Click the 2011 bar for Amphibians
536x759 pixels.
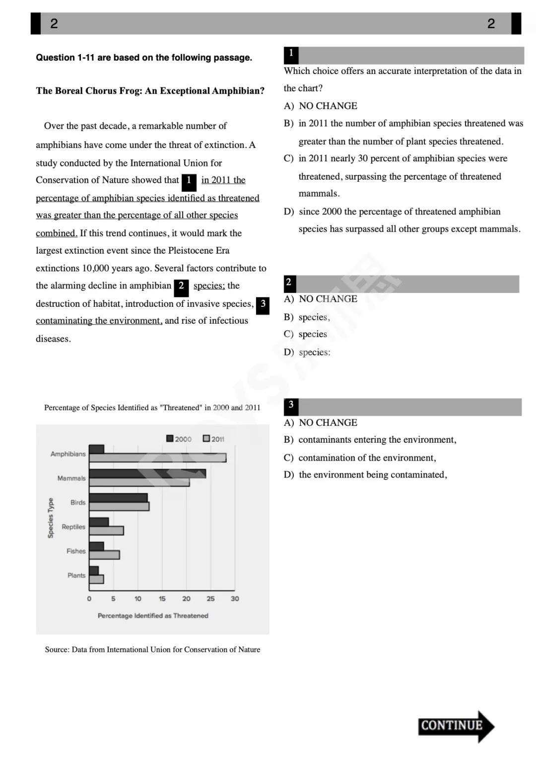(157, 458)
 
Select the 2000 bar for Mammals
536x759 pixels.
(147, 474)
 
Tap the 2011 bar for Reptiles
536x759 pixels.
(106, 531)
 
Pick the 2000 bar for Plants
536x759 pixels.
(94, 571)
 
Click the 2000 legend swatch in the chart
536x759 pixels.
(170, 438)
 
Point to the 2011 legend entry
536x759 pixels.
(213, 439)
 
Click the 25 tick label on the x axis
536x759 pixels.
(210, 599)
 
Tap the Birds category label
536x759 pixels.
(78, 502)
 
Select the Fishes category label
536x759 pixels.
(76, 551)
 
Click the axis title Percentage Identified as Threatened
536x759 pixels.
(153, 616)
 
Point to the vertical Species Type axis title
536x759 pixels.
(51, 518)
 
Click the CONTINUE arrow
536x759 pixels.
(456, 726)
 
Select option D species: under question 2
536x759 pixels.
(314, 352)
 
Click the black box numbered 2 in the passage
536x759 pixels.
(181, 286)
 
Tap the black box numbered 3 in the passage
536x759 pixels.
(263, 304)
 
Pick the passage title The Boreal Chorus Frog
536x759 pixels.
(150, 91)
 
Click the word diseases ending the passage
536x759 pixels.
(53, 339)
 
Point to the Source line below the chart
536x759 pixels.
(152, 649)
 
